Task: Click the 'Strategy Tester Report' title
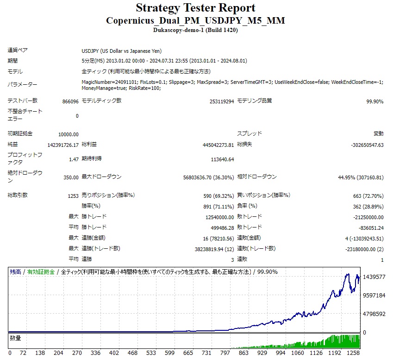(195, 8)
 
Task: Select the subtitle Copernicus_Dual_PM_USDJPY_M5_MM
(195, 20)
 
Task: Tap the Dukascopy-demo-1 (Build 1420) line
(195, 30)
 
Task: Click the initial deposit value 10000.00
(68, 134)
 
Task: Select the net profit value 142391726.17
(63, 145)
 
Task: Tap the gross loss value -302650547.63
(367, 145)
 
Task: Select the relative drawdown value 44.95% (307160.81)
(360, 177)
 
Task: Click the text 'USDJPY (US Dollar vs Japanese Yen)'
(121, 51)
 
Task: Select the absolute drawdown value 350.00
(71, 177)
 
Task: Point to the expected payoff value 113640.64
(222, 159)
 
